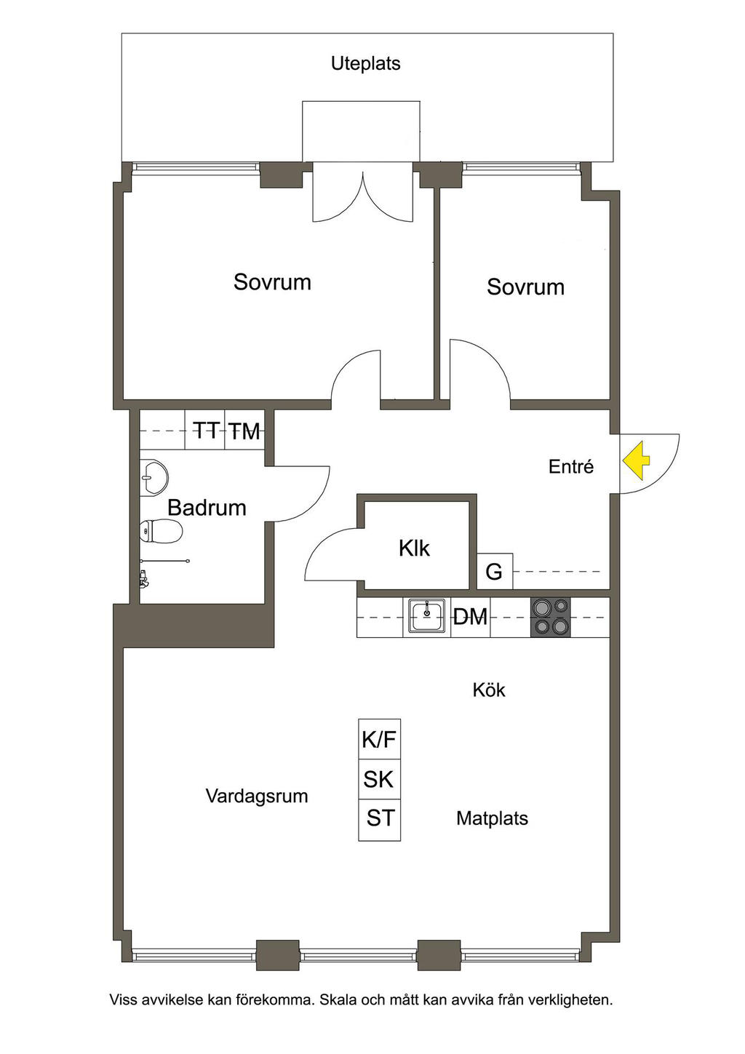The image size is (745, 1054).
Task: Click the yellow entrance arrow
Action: pyautogui.click(x=635, y=461)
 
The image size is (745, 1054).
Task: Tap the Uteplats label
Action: pyautogui.click(x=365, y=63)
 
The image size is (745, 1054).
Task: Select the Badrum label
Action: pyautogui.click(x=207, y=507)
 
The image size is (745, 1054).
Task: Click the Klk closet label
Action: pyautogui.click(x=414, y=548)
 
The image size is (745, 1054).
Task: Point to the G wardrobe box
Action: pyautogui.click(x=494, y=572)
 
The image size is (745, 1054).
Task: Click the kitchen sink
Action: pyautogui.click(x=426, y=617)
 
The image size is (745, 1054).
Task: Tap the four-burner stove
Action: pyautogui.click(x=550, y=617)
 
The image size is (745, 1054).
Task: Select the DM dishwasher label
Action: pyautogui.click(x=470, y=617)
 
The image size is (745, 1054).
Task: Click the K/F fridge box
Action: pyautogui.click(x=379, y=740)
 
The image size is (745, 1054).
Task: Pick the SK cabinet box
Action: pyautogui.click(x=379, y=779)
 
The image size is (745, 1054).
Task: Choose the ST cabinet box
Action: pyautogui.click(x=380, y=818)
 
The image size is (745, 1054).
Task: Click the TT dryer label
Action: pyautogui.click(x=206, y=431)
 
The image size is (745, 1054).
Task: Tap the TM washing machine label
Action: pyautogui.click(x=244, y=431)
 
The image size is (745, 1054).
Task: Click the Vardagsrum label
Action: pyautogui.click(x=256, y=796)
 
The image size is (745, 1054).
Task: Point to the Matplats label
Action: pyautogui.click(x=492, y=818)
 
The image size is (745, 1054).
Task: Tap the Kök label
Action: pyautogui.click(x=489, y=690)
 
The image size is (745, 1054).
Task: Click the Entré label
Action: pyautogui.click(x=571, y=466)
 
